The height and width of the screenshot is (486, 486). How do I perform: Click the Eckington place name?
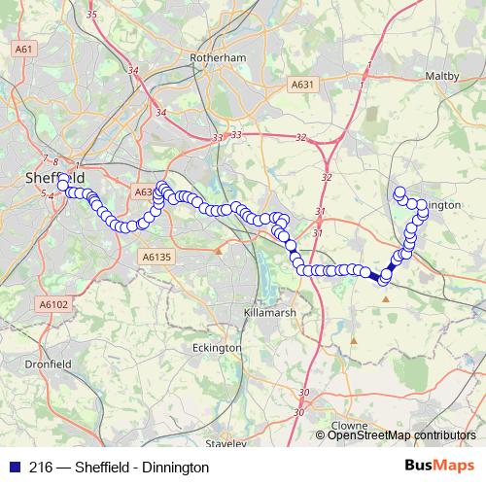pos(217,347)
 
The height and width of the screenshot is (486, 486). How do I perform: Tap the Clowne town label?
pos(350,426)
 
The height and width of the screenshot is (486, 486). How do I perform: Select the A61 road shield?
pos(24,49)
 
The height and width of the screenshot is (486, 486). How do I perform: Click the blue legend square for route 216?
pos(14,467)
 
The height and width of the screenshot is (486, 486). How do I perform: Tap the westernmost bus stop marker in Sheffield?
pos(63,185)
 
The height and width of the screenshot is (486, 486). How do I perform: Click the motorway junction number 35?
pos(91,15)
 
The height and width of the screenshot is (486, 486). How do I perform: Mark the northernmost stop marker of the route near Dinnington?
pos(399,191)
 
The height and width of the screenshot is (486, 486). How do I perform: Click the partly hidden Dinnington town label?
pos(443,206)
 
